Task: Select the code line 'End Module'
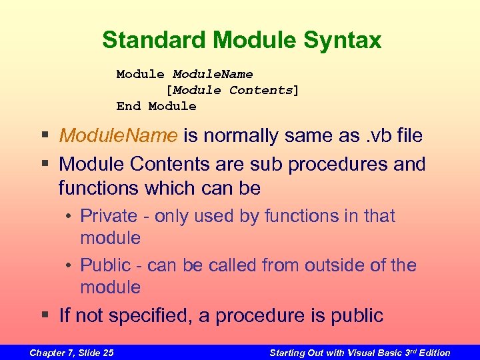tap(156, 106)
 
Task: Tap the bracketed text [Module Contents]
tap(232, 90)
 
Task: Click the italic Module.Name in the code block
tap(213, 74)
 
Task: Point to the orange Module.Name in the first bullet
tap(118, 136)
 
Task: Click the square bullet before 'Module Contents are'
tap(45, 164)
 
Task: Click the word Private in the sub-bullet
tap(105, 216)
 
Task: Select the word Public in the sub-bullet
tap(103, 265)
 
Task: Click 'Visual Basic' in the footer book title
tap(378, 353)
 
